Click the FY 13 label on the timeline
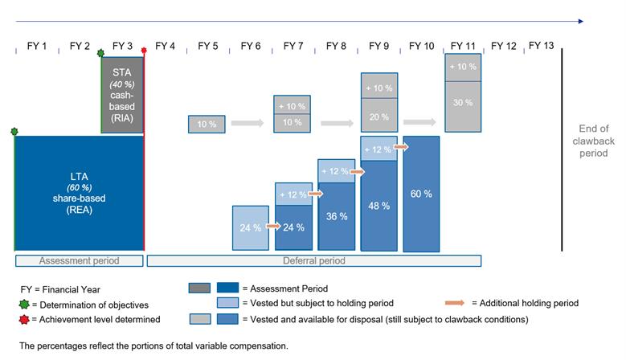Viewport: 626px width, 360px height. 541,46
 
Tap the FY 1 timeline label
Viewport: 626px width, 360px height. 33,46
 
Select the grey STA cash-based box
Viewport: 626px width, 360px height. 122,95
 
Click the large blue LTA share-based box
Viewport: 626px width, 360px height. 79,194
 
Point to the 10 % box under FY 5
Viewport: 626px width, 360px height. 207,124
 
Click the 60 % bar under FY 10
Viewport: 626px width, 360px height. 422,194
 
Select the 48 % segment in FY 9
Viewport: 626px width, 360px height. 378,206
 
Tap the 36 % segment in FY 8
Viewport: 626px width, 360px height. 337,216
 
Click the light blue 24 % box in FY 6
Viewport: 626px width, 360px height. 250,227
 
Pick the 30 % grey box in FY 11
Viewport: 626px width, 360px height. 464,103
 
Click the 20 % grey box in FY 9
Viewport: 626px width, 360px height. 378,116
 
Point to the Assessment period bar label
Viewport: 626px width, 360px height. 80,260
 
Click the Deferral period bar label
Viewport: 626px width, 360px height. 313,260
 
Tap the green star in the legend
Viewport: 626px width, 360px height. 23,305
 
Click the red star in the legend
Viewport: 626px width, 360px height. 23,319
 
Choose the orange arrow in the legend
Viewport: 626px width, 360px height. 455,303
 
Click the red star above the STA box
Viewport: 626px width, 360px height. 144,51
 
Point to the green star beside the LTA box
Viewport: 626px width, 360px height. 14,132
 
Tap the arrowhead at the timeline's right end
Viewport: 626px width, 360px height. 580,22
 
